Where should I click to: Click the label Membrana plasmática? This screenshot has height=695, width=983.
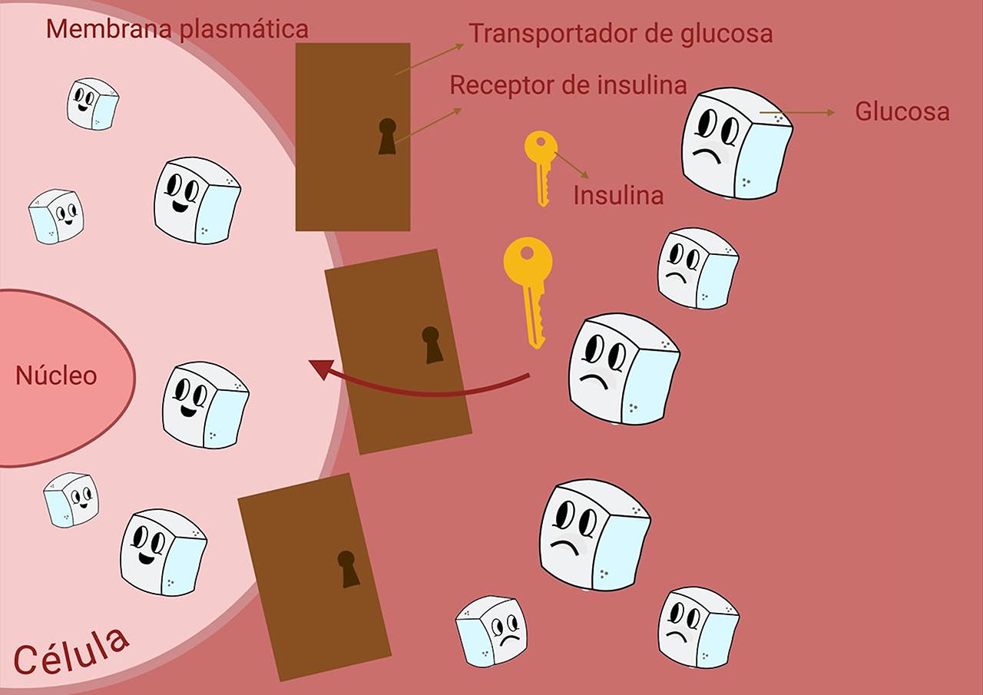(x=177, y=30)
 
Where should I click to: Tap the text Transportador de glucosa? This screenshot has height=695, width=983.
(x=621, y=34)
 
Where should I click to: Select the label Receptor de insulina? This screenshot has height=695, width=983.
(x=568, y=84)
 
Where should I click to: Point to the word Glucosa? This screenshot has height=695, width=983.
(x=902, y=111)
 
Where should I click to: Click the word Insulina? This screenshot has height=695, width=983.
(x=618, y=195)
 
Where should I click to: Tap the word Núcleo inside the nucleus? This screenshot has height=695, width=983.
(x=56, y=376)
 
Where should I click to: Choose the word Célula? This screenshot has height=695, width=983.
(x=71, y=651)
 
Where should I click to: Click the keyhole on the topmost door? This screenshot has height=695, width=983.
(x=387, y=137)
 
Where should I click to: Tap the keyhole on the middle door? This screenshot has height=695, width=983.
(x=432, y=345)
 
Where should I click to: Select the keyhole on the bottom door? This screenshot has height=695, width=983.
(x=348, y=569)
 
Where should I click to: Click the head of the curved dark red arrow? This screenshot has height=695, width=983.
(x=320, y=369)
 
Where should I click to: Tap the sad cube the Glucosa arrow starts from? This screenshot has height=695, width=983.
(x=736, y=143)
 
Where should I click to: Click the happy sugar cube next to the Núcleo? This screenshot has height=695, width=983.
(x=205, y=405)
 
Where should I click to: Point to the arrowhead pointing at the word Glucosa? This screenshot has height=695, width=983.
(x=830, y=113)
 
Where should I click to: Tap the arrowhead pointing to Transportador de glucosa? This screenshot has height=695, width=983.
(x=459, y=46)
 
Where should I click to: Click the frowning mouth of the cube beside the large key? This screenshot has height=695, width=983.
(x=594, y=380)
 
